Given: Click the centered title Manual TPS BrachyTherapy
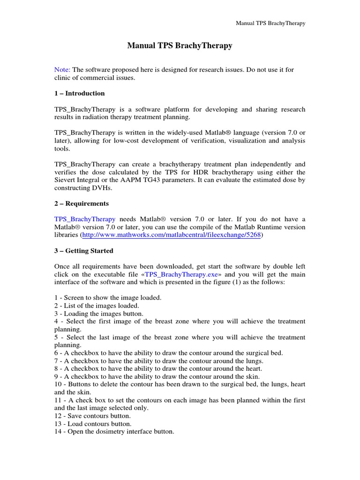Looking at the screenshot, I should click(180, 46).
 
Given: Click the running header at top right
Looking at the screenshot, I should click(270, 23).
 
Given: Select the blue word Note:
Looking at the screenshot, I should click(62, 70).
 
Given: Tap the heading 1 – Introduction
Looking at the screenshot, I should click(80, 93).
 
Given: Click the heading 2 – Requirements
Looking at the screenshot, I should click(82, 204).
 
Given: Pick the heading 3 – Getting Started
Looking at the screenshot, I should click(84, 251).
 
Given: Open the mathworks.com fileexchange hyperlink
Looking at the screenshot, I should click(171, 235).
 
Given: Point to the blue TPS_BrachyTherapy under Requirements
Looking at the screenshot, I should click(85, 219).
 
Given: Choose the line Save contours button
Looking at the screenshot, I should click(93, 416).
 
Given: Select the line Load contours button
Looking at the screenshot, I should click(93, 424).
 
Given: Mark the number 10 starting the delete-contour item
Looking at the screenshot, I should click(58, 384).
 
